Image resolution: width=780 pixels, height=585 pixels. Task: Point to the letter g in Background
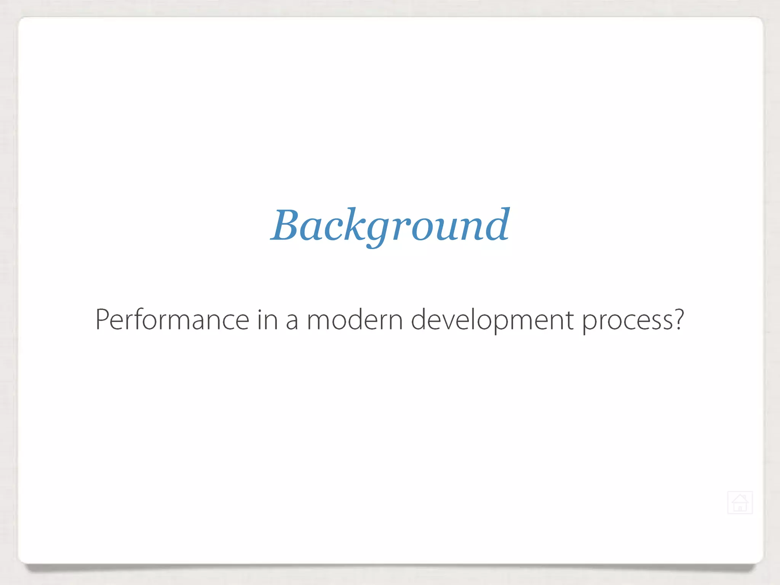coord(377,230)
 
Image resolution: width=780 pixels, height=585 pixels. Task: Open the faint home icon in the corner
coord(740,503)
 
